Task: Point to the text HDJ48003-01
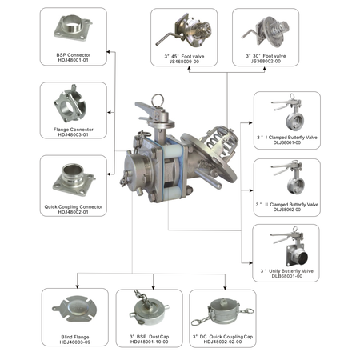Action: click(73, 135)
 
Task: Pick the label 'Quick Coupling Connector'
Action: click(73, 206)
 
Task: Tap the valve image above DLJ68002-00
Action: click(286, 181)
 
